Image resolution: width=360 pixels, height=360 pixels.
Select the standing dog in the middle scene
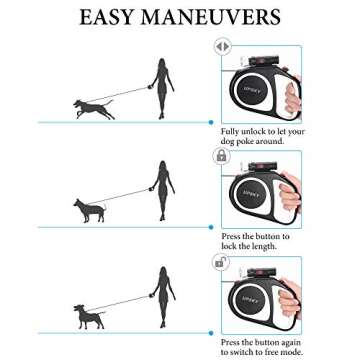(89, 210)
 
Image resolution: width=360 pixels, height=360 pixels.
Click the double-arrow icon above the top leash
(222, 46)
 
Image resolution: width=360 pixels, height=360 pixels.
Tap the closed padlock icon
(222, 155)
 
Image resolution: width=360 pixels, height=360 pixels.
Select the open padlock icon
(221, 262)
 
